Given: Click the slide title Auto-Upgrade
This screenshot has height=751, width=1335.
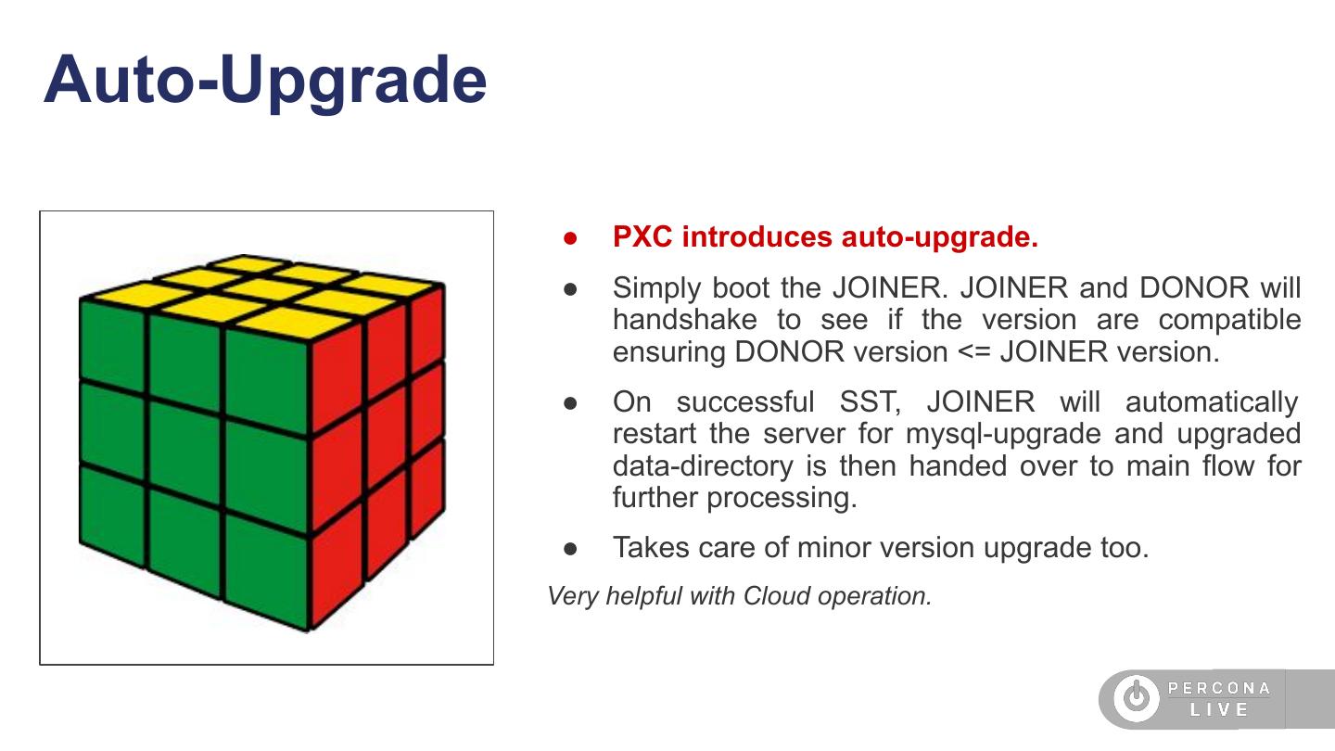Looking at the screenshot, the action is pos(265,81).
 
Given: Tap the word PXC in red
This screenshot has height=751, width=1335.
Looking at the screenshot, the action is pos(642,236).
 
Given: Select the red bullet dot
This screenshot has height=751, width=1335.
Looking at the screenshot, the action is pos(570,238).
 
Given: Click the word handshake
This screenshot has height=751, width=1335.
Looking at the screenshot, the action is pos(685,320).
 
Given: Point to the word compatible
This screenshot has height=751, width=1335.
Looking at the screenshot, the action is pos(1229,320).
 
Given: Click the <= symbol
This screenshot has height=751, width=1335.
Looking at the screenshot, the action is pos(973,352).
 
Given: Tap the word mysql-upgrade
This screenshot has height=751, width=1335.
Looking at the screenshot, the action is pos(1003,434).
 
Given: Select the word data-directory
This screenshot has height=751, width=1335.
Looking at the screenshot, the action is pos(703,466).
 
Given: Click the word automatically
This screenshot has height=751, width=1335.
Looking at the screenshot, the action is pos(1212,402).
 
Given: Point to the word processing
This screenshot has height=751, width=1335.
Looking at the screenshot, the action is pos(782,498).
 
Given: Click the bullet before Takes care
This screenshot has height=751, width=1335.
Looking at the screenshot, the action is pos(570,548).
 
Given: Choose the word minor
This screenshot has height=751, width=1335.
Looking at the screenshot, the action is pos(835,548).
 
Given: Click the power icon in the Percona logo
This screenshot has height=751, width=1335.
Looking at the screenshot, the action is pos(1137,696).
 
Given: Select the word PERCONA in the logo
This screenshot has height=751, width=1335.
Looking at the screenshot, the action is pos(1219,688).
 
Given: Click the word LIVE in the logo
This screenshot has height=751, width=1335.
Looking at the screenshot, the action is pos(1219,710).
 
